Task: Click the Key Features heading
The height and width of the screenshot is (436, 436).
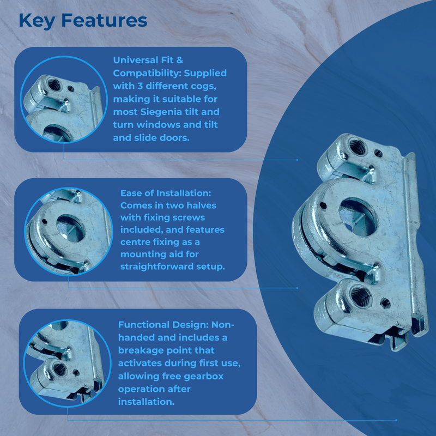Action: pyautogui.click(x=83, y=20)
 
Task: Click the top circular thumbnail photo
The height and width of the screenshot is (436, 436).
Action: pyautogui.click(x=60, y=99)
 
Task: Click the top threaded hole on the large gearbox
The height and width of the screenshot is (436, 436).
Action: pyautogui.click(x=358, y=146)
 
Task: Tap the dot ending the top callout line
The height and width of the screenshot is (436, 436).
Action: pyautogui.click(x=297, y=160)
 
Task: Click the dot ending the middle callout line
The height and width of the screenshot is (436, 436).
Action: pyautogui.click(x=297, y=288)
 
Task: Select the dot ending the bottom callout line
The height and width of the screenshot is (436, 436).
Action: pyautogui.click(x=396, y=420)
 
